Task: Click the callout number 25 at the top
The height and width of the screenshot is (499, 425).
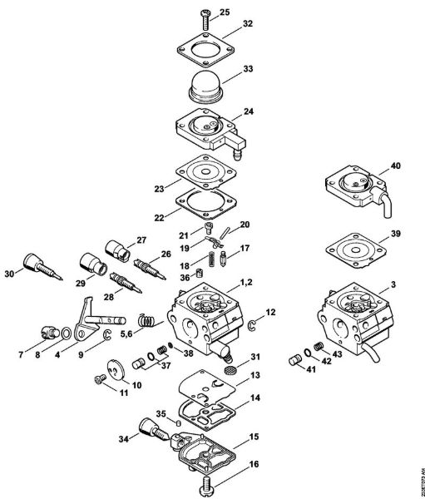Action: [x=224, y=12]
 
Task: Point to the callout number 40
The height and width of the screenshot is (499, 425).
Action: [x=395, y=166]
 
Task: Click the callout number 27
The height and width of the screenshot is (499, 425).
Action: [x=141, y=240]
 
